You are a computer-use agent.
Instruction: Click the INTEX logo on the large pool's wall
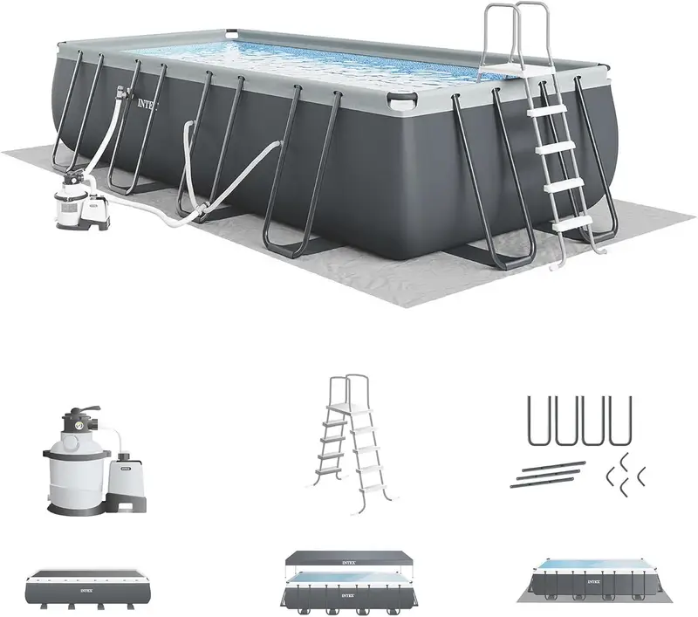point(148,102)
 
